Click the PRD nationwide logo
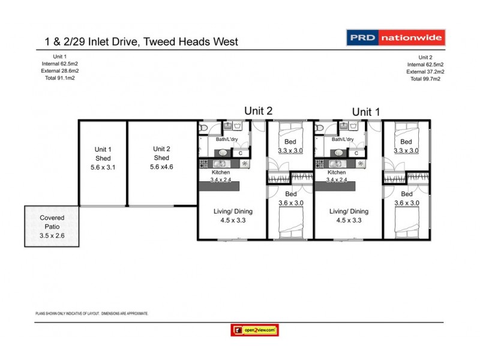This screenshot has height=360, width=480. (x=395, y=38)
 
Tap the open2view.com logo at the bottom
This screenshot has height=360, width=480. (x=254, y=329)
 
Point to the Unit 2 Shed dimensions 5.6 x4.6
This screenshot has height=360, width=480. (x=161, y=168)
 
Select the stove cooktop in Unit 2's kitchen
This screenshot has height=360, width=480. (x=204, y=164)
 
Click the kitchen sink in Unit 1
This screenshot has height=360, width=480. (x=338, y=153)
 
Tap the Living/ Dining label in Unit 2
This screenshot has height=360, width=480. (x=230, y=211)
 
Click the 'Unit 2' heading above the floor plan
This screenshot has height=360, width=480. (x=258, y=110)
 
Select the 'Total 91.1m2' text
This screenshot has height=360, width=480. (x=60, y=78)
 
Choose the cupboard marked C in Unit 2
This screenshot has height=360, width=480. (x=241, y=153)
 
